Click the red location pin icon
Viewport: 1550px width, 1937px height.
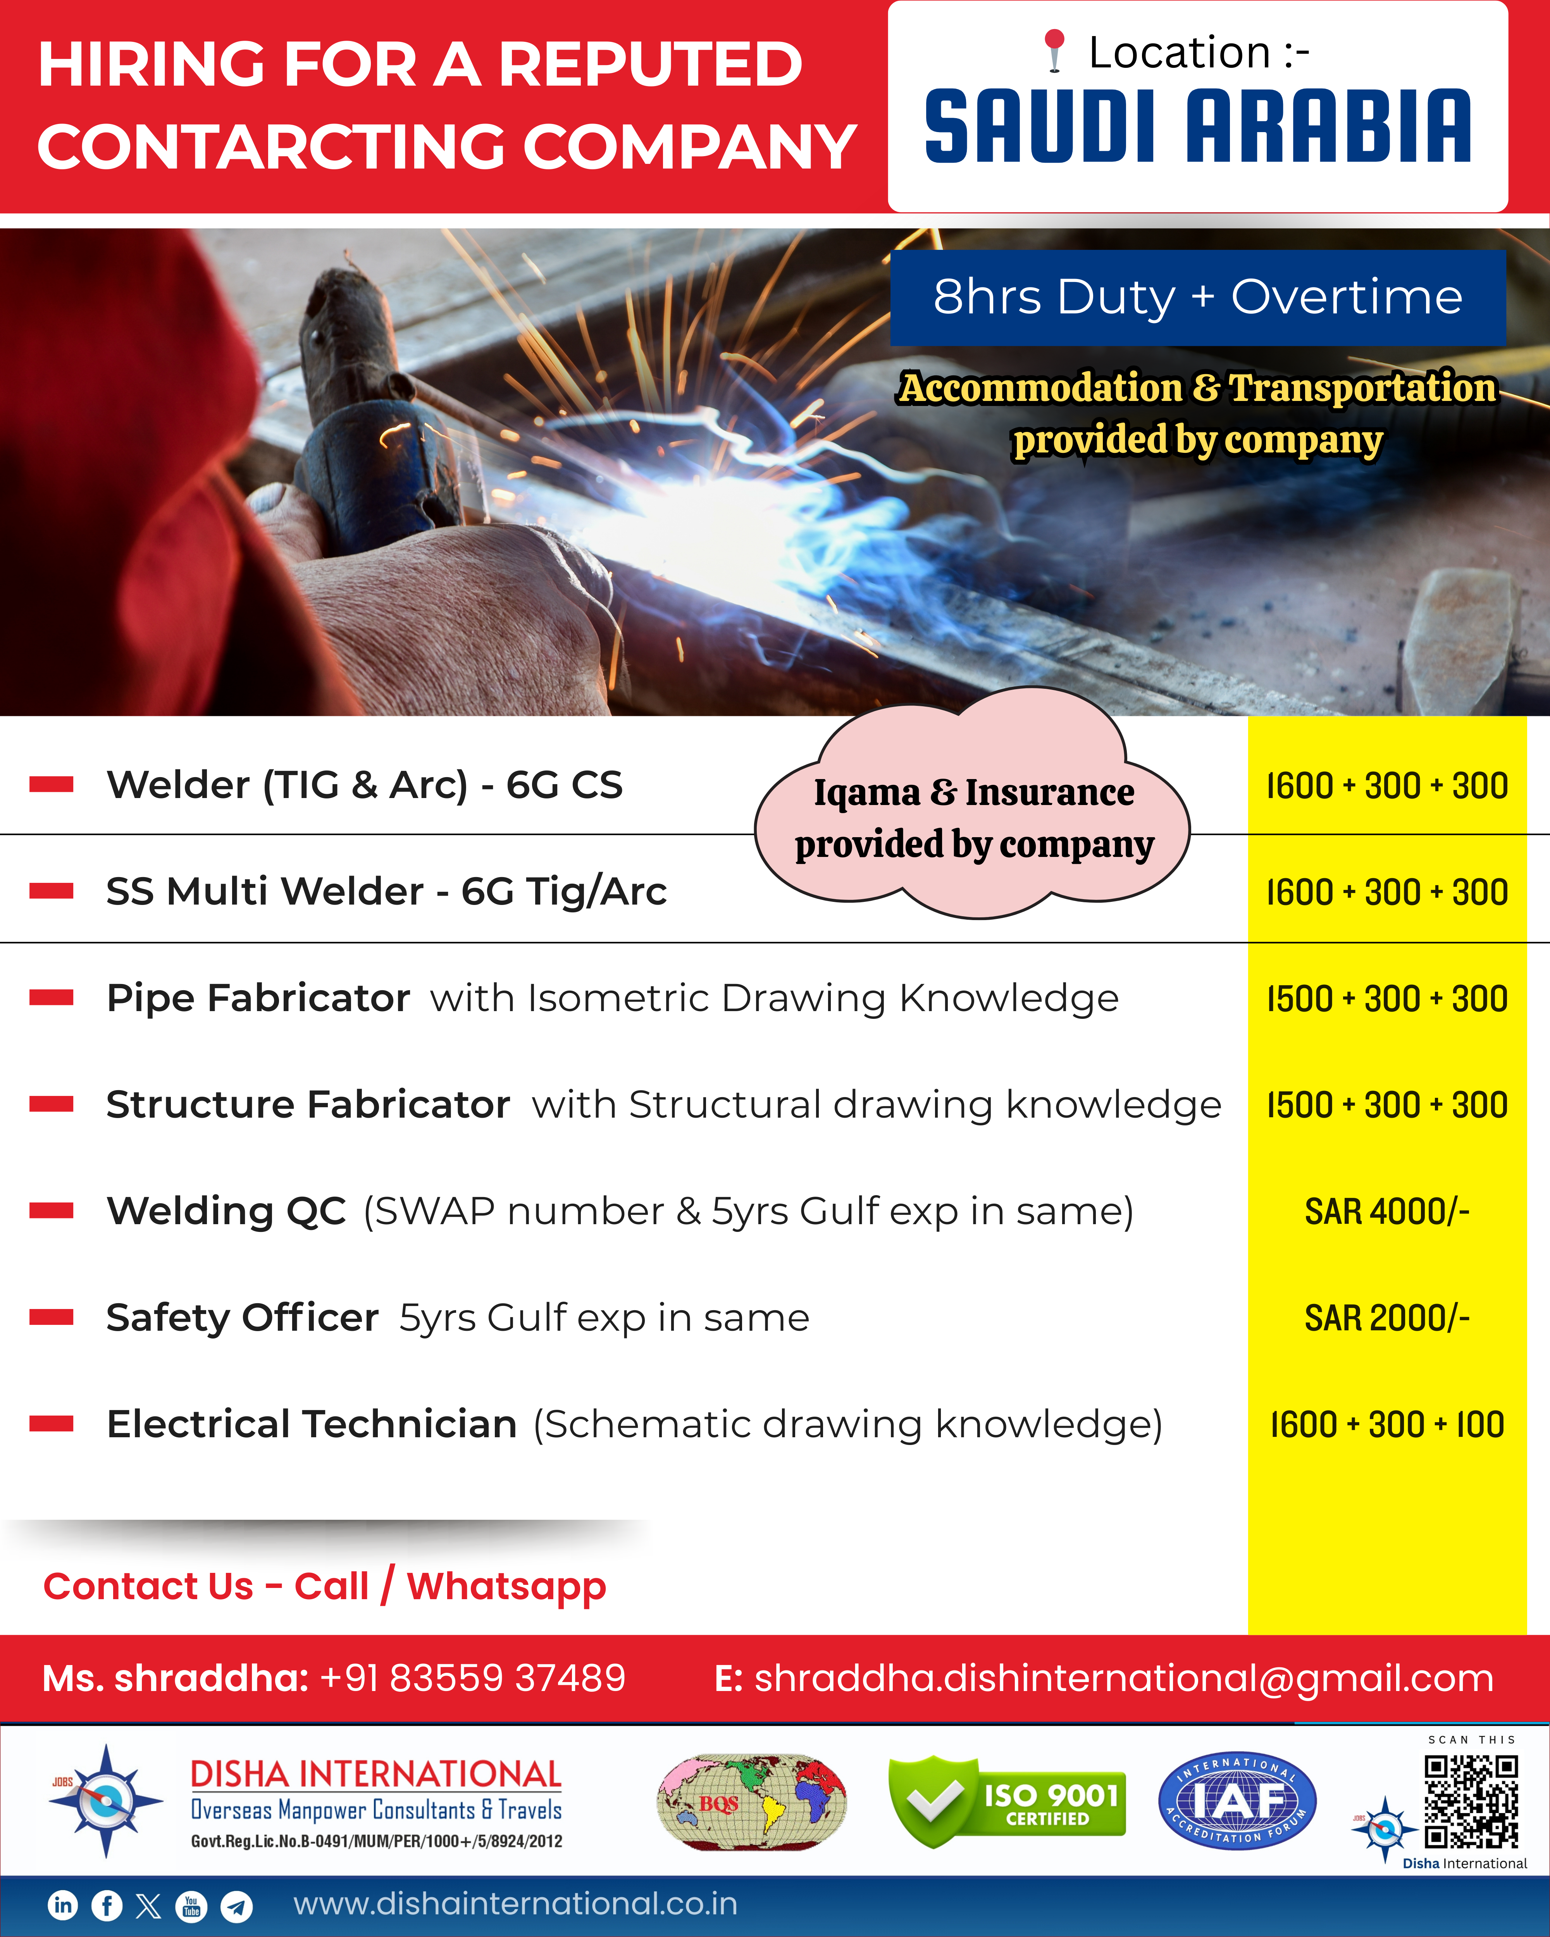coord(1055,50)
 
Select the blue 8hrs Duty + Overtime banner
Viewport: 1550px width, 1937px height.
coord(1198,298)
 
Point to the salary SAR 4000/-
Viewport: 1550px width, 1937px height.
coord(1386,1212)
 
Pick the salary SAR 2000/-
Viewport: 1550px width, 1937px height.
coord(1386,1318)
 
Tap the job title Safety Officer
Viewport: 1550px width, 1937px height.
coord(243,1318)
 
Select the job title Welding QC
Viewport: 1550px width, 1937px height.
coord(226,1211)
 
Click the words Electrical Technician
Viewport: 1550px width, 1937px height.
coord(312,1424)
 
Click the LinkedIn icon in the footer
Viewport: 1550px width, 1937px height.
coord(63,1905)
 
